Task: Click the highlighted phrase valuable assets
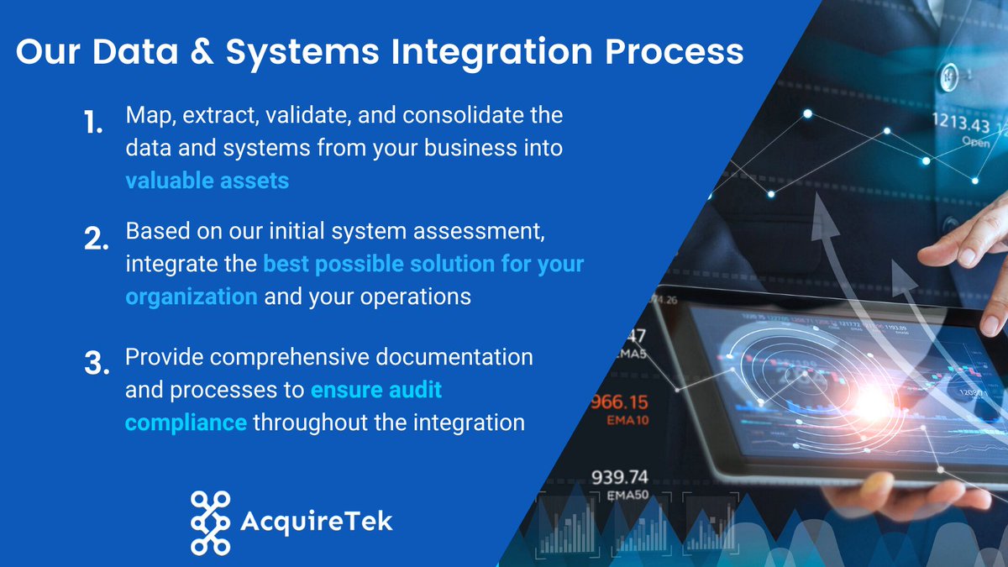point(207,180)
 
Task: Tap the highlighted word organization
point(192,297)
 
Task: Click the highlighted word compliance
point(186,422)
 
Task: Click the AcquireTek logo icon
point(210,522)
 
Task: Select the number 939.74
point(620,477)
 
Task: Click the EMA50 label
point(627,496)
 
